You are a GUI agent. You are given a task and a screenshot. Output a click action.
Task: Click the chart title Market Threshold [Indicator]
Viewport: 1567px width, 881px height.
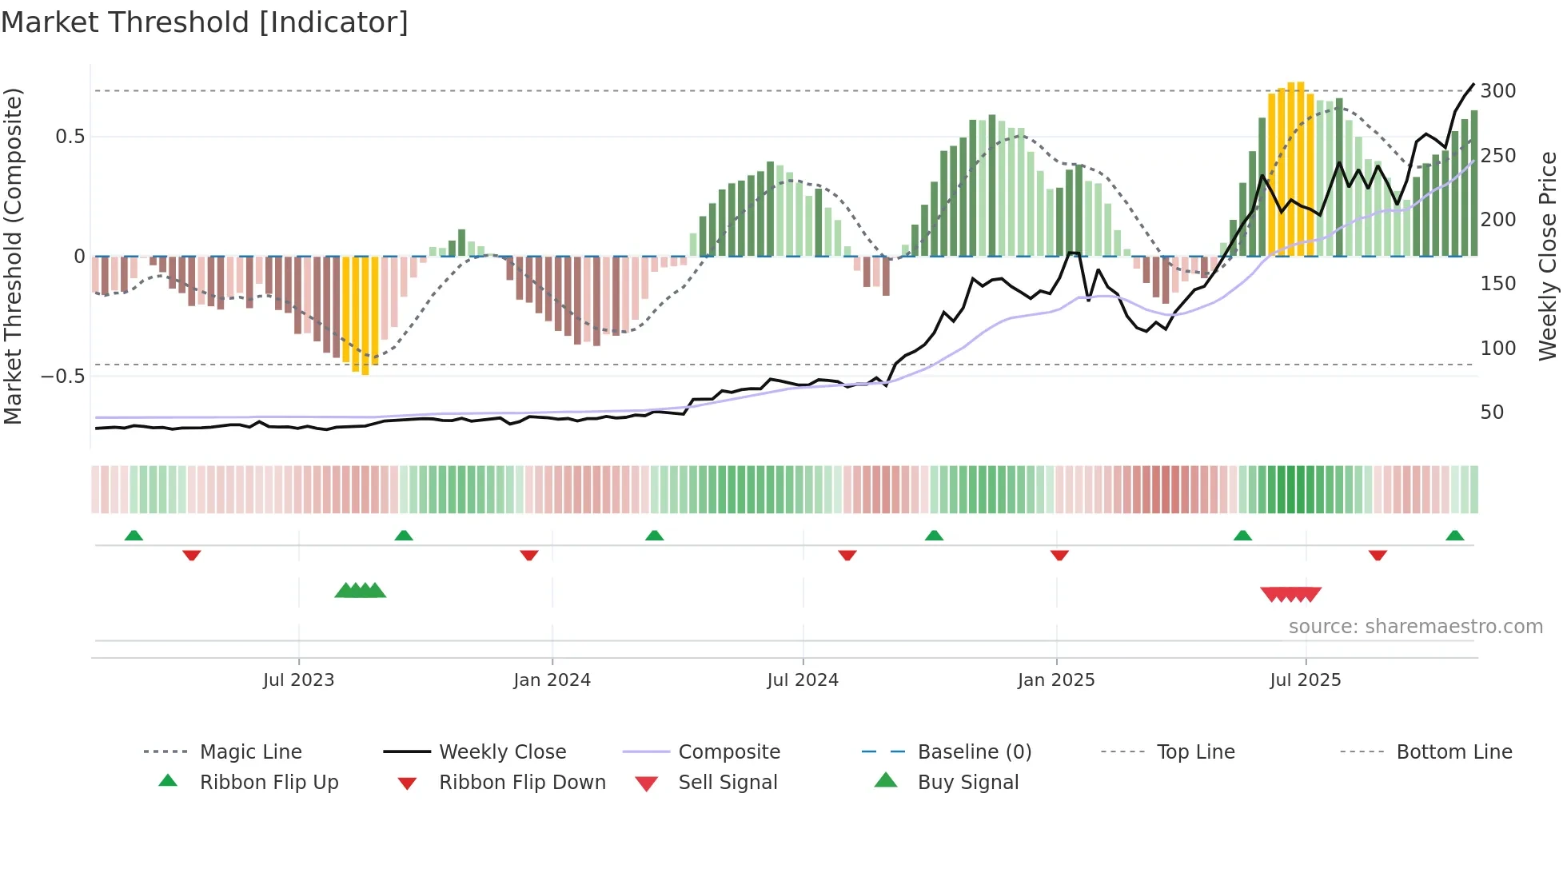click(205, 22)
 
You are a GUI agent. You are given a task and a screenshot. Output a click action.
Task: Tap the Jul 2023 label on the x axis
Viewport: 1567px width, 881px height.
click(298, 680)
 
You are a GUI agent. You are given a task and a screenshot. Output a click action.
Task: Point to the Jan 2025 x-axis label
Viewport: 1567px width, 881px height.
click(1055, 680)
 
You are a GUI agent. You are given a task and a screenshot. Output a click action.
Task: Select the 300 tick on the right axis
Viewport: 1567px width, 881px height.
click(1497, 91)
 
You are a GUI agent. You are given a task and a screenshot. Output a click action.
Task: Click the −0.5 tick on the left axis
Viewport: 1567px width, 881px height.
click(63, 377)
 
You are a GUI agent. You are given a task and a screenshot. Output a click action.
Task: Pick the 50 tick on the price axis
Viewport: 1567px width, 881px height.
click(1492, 413)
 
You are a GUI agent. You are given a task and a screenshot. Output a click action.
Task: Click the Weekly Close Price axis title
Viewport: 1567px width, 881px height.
click(1548, 256)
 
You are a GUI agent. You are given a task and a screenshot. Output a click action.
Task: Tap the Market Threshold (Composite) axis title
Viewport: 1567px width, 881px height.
click(13, 256)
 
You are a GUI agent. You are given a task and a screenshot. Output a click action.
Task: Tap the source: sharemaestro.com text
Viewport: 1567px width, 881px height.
click(1415, 627)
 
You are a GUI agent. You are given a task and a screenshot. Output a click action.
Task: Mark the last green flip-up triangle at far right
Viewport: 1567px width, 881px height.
click(1454, 536)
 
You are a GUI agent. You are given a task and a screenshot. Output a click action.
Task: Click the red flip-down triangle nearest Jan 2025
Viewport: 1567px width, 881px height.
click(1059, 555)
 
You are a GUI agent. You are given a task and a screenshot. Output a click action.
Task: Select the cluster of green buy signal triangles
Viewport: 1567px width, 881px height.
click(360, 591)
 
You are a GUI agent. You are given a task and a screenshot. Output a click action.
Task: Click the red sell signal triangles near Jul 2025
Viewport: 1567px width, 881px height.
click(1290, 594)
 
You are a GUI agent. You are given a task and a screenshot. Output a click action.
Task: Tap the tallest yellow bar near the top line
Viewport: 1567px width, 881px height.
click(1301, 168)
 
